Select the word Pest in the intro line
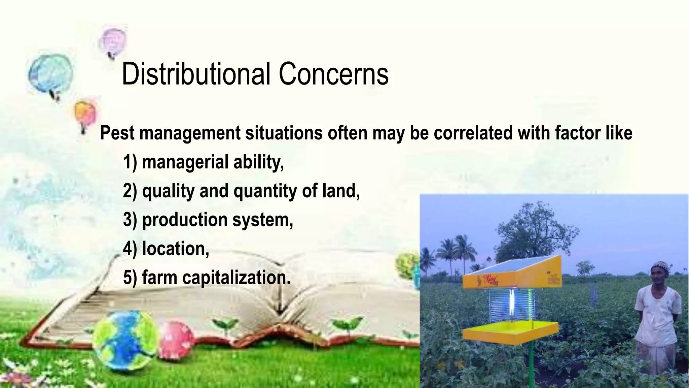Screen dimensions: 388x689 coord(117,133)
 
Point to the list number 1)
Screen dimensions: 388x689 coord(130,162)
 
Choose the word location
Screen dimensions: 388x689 coord(175,249)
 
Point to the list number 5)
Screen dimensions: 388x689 coord(130,278)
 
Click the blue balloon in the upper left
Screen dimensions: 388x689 coord(50,72)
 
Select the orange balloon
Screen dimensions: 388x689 coord(85,113)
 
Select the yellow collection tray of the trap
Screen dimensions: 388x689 coord(510,330)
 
